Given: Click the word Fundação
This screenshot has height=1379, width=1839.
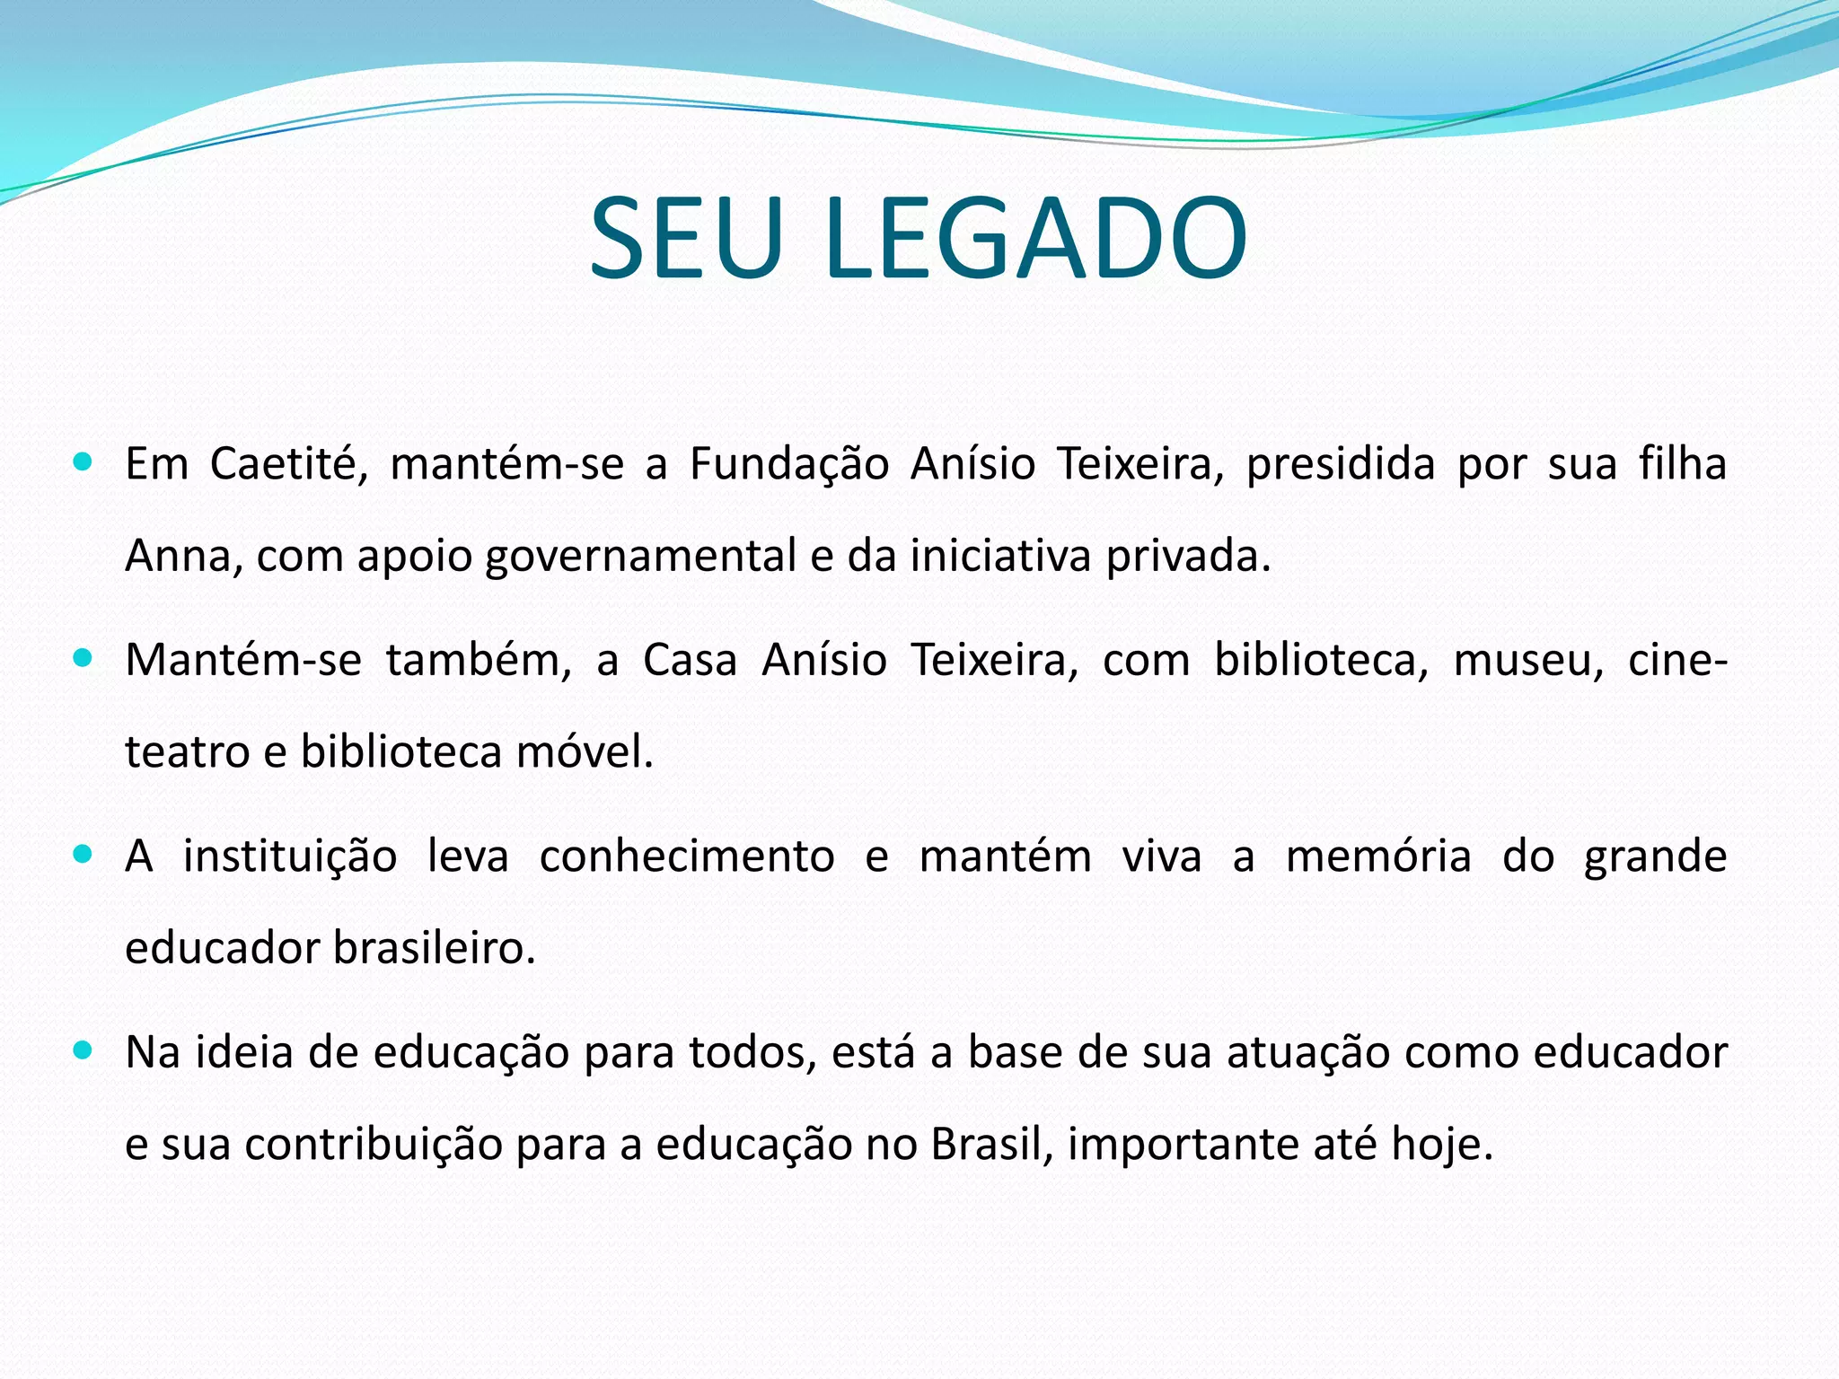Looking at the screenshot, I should click(789, 465).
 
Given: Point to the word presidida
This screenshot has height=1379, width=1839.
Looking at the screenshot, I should click(1341, 465).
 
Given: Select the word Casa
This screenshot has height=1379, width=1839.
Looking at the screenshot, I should click(690, 660).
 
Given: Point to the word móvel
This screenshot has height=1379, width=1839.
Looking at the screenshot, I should click(584, 751).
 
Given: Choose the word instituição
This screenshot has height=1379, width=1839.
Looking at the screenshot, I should click(290, 857).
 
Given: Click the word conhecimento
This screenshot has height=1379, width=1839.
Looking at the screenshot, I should click(687, 856).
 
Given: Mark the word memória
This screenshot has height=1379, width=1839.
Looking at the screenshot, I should click(1378, 856).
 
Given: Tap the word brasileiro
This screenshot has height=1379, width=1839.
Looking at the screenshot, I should click(434, 948).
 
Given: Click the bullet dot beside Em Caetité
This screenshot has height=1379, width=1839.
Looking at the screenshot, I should click(83, 462).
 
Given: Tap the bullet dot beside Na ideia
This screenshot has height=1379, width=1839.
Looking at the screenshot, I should click(83, 1050).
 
